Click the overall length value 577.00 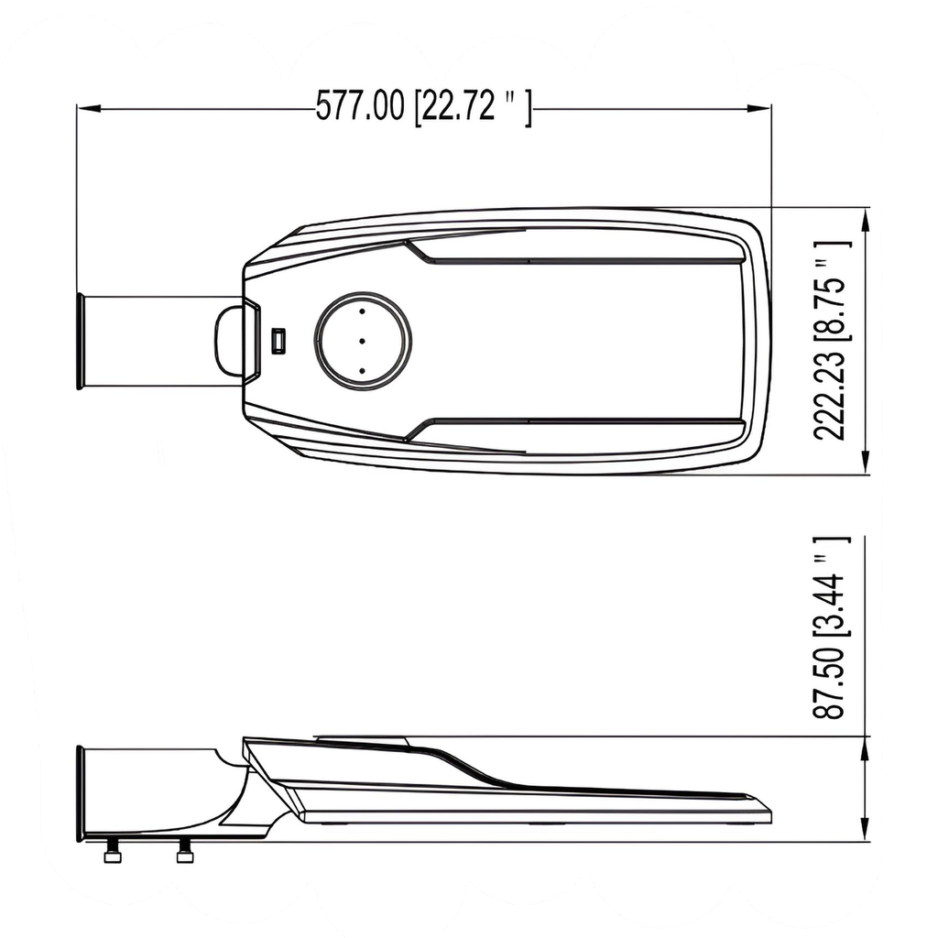[x=359, y=107]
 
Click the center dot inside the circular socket [x=363, y=341]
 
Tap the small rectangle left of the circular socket [x=278, y=341]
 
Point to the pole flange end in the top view [x=81, y=341]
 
